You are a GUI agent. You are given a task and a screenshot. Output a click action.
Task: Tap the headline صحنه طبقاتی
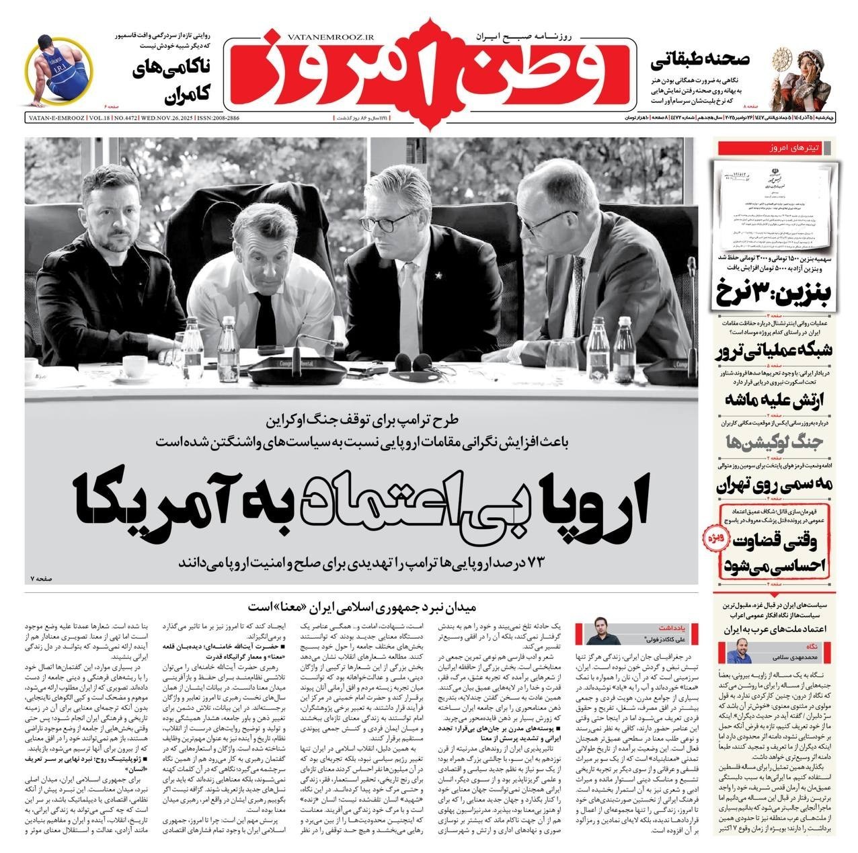700,60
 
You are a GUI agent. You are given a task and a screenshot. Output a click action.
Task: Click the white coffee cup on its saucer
135,366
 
